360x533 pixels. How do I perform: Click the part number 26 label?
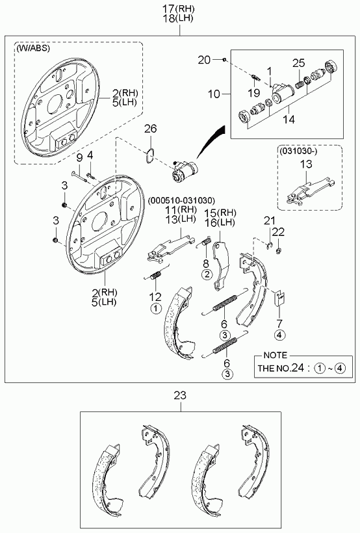[151, 129]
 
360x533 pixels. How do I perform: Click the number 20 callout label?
[204, 60]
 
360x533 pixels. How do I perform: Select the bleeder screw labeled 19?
[255, 78]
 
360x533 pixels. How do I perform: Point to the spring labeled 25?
[300, 84]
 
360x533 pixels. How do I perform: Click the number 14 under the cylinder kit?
[289, 120]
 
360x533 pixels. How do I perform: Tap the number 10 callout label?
[214, 94]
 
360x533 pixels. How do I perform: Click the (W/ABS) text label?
[33, 48]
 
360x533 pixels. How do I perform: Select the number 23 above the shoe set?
[180, 395]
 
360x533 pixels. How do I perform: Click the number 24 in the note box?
[298, 368]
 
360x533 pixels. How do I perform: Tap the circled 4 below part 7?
[279, 335]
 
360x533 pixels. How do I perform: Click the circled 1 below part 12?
[156, 309]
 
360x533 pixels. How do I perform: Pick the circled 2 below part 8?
[207, 274]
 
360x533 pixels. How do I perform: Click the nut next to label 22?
[278, 251]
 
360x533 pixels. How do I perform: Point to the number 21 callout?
[270, 221]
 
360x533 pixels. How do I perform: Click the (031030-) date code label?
[298, 151]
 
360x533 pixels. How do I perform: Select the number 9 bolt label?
[79, 157]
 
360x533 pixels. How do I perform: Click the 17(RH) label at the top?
[179, 8]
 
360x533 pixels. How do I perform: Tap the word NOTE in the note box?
[276, 355]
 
